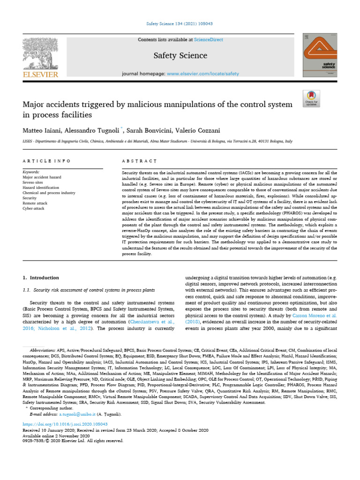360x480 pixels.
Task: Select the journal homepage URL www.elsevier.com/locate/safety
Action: (203, 74)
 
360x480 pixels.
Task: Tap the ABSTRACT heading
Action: (139, 161)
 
